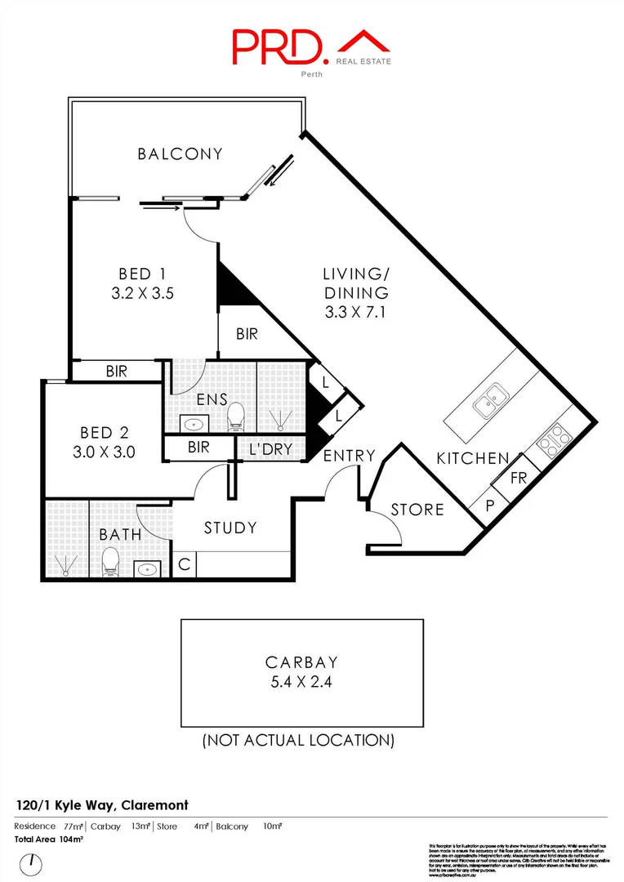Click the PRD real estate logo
(x=311, y=48)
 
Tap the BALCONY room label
(x=180, y=154)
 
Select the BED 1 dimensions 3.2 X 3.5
(x=145, y=292)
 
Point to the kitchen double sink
(x=489, y=400)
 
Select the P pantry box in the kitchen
(x=490, y=505)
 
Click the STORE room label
(x=417, y=510)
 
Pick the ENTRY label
(x=349, y=456)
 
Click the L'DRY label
(x=270, y=448)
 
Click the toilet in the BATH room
(x=110, y=562)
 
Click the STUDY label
(x=230, y=528)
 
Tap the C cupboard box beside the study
(x=185, y=564)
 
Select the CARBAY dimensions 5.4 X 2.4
(x=301, y=681)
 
